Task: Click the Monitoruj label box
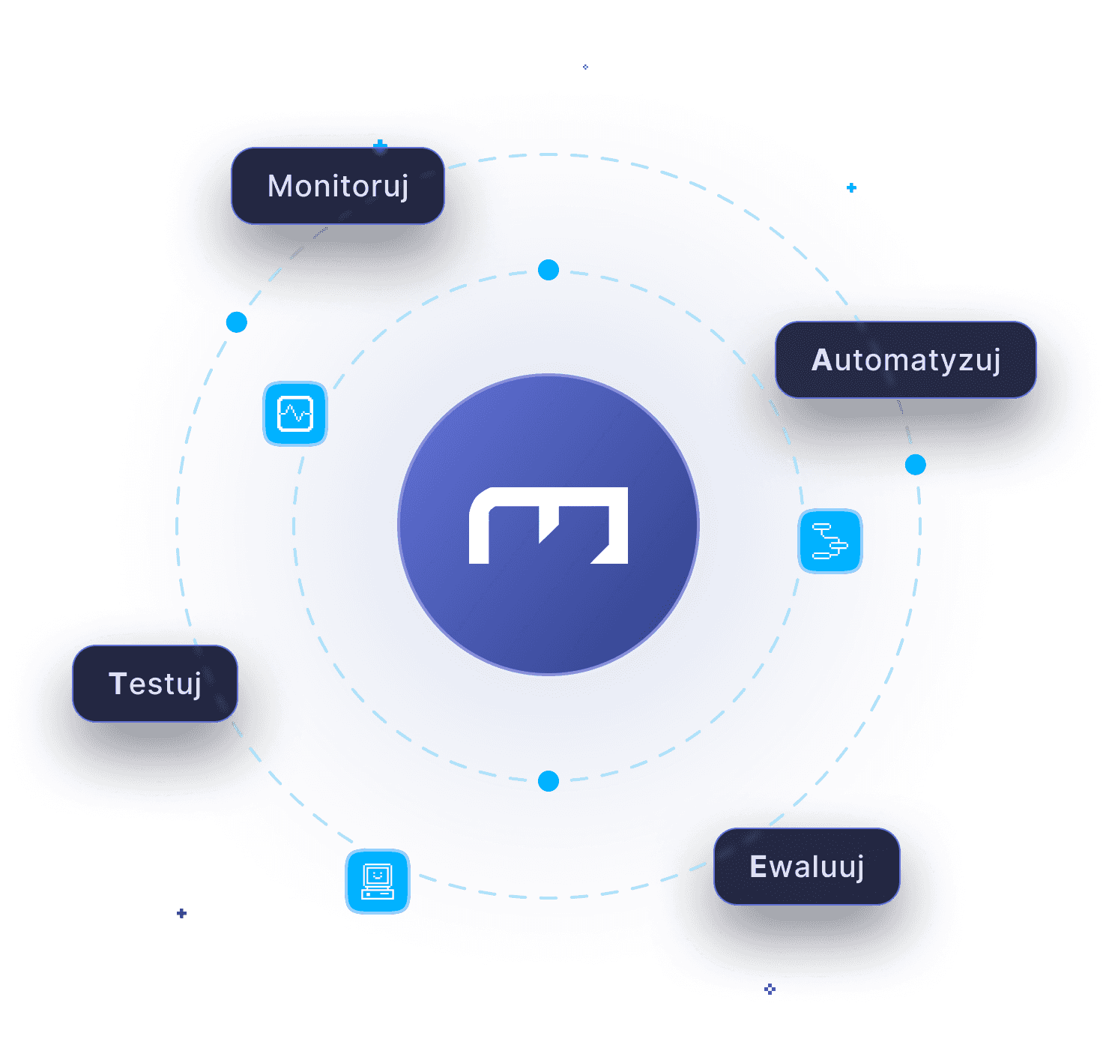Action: point(338,186)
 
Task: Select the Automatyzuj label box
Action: point(905,360)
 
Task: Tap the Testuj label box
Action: point(155,684)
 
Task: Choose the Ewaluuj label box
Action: point(806,867)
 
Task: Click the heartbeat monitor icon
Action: point(295,414)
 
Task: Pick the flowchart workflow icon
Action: point(830,541)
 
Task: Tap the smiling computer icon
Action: point(378,882)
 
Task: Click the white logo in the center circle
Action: point(549,526)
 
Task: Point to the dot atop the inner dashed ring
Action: point(549,270)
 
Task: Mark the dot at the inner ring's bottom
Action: point(549,781)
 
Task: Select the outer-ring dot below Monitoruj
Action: point(237,322)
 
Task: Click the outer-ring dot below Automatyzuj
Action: point(915,465)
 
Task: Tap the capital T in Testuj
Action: point(118,683)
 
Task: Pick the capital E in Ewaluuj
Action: point(758,867)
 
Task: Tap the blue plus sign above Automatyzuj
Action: point(851,187)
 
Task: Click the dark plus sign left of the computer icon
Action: point(181,913)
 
